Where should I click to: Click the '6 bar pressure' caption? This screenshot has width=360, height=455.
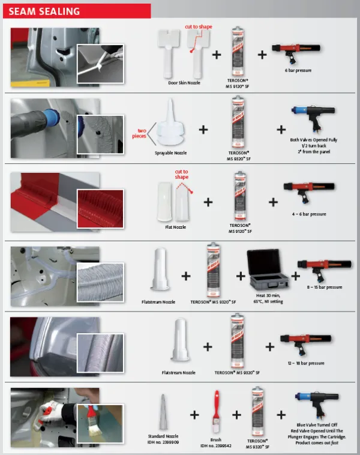pyautogui.click(x=298, y=70)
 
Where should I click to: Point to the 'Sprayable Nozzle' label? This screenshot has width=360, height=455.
pyautogui.click(x=171, y=153)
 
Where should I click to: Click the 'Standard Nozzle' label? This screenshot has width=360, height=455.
pyautogui.click(x=163, y=436)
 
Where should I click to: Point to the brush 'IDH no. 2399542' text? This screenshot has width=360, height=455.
pyautogui.click(x=215, y=446)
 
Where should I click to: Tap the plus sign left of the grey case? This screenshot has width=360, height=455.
pyautogui.click(x=241, y=276)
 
